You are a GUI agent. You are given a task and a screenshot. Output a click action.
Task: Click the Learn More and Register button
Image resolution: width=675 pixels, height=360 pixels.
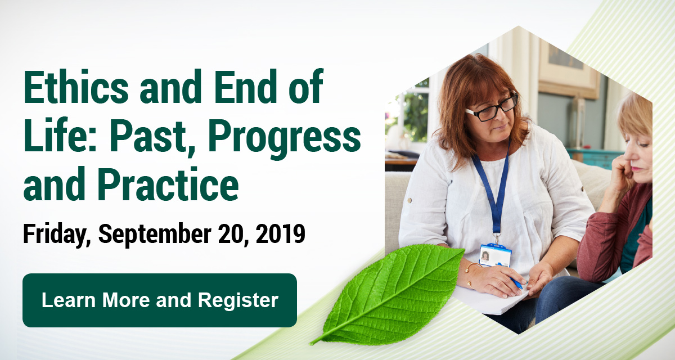coord(160,300)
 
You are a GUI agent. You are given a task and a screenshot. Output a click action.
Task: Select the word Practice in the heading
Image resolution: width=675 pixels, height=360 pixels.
coord(168,184)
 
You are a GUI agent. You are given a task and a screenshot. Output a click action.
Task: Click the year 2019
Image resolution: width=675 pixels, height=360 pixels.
coord(280,233)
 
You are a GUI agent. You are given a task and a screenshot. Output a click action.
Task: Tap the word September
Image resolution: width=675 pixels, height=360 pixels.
coord(155,235)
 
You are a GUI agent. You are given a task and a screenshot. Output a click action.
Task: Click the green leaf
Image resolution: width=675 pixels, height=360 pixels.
coord(388,295)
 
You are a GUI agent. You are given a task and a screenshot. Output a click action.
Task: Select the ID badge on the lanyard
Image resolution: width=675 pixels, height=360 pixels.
coord(495,255)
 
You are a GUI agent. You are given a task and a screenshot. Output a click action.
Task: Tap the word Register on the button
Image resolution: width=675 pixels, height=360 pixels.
coord(238,301)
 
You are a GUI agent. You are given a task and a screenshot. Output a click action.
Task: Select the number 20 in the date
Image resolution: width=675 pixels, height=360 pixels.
coord(233,235)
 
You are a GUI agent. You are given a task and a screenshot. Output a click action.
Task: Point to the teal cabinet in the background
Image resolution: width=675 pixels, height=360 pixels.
coord(595,159)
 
